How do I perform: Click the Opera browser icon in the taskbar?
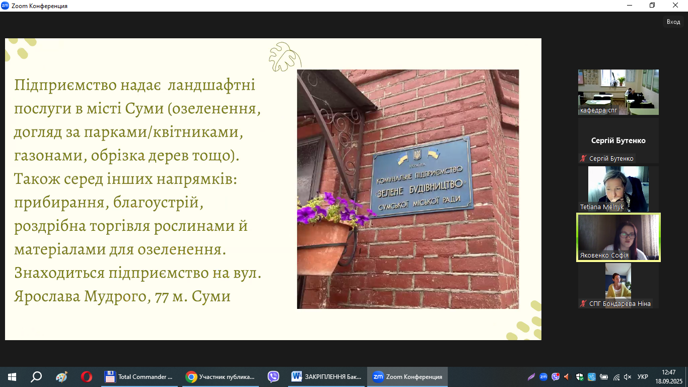[86, 376]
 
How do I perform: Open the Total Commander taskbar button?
[140, 376]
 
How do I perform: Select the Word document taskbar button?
[326, 376]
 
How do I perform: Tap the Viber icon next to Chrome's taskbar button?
[273, 376]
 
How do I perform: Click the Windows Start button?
[12, 376]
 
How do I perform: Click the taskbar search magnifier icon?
[36, 376]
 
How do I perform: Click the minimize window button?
[630, 5]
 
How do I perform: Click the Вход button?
[673, 22]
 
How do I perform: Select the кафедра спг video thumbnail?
[618, 92]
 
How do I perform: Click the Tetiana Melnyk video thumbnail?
[618, 189]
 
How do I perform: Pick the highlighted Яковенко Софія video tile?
[618, 237]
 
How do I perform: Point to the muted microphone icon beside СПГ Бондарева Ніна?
[583, 304]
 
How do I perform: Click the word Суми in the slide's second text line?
[145, 108]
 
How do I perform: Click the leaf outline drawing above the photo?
[285, 57]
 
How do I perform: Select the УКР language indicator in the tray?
[643, 376]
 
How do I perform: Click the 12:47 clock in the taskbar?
[668, 372]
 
